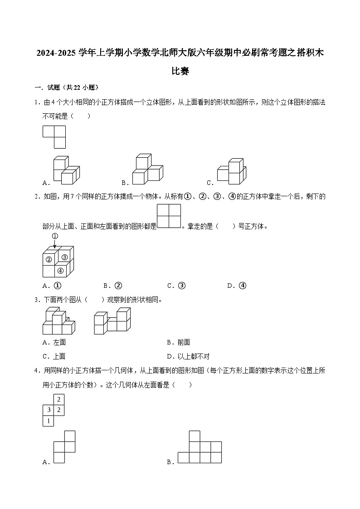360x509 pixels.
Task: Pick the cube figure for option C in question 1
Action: tap(232, 172)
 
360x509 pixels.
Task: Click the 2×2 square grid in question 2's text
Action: tap(169, 216)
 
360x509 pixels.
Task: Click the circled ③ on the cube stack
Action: tap(64, 257)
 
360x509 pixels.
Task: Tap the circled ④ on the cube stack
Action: tap(61, 271)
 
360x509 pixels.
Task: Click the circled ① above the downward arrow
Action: tap(55, 236)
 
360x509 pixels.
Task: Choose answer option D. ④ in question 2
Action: tap(237, 286)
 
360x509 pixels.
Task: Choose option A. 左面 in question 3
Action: tap(54, 343)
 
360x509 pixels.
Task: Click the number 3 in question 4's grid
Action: tap(49, 410)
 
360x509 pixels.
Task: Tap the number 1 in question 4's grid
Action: tap(49, 421)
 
